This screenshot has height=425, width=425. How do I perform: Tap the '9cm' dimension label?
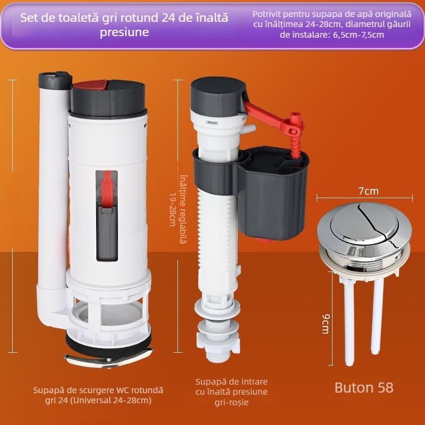(x=326, y=324)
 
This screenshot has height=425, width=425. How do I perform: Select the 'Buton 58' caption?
(x=364, y=387)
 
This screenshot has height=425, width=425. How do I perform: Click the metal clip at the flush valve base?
(x=108, y=358)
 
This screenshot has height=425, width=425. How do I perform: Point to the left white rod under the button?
(x=348, y=322)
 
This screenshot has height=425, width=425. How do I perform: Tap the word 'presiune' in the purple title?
(x=124, y=32)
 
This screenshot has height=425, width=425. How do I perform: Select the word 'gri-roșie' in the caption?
(x=232, y=402)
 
